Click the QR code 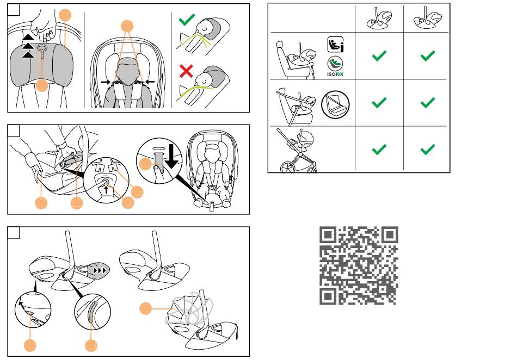tap(359, 265)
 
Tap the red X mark tap(187, 70)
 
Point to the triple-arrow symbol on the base tap(100, 269)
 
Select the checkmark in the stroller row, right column tap(428, 149)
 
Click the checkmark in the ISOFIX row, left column tap(379, 55)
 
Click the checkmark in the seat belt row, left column tap(379, 102)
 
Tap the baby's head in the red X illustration tap(209, 76)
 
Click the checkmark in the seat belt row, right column tap(428, 102)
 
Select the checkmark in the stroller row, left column tap(379, 149)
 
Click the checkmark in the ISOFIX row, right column tap(428, 55)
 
